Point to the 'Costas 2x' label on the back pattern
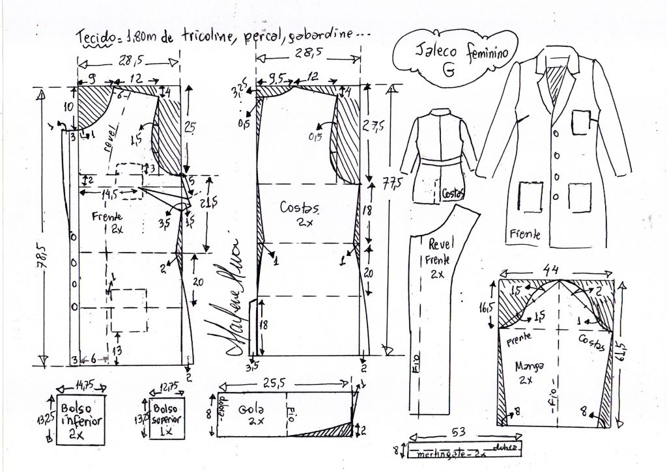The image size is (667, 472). (x=299, y=214)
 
